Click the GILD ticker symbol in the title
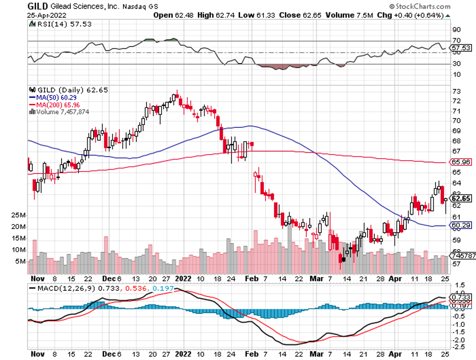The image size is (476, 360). click(38, 6)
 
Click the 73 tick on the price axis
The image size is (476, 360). click(456, 91)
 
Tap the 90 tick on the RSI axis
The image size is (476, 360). click(456, 29)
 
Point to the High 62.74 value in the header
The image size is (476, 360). click(213, 15)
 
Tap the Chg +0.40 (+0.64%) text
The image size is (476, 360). click(409, 15)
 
